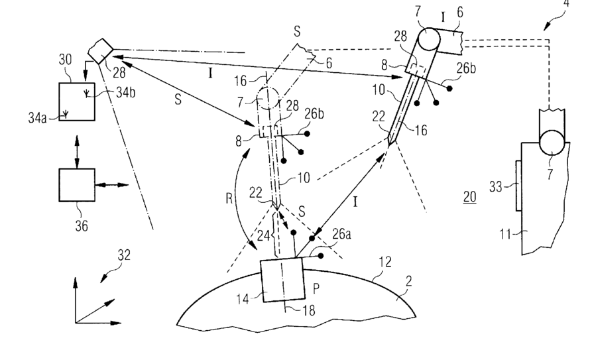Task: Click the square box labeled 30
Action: (x=77, y=101)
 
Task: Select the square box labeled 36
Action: (x=77, y=183)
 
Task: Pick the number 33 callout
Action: (x=495, y=188)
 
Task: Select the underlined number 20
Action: (x=469, y=197)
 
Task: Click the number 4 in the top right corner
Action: (x=566, y=5)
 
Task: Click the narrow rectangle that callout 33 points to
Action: (x=516, y=186)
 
